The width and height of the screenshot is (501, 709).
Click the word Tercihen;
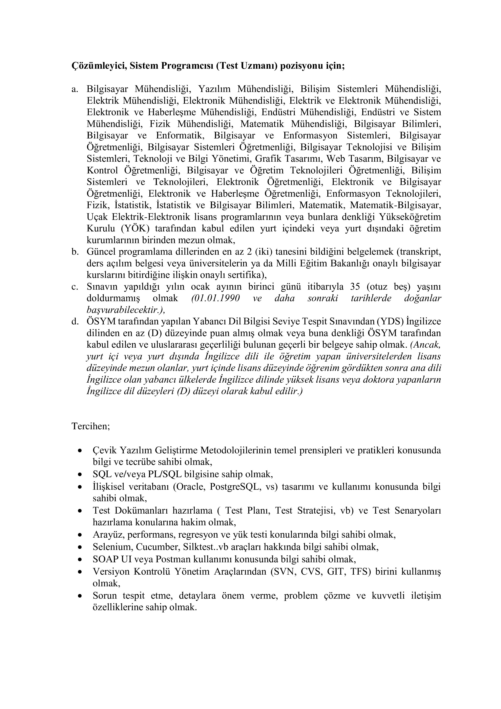click(x=91, y=426)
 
